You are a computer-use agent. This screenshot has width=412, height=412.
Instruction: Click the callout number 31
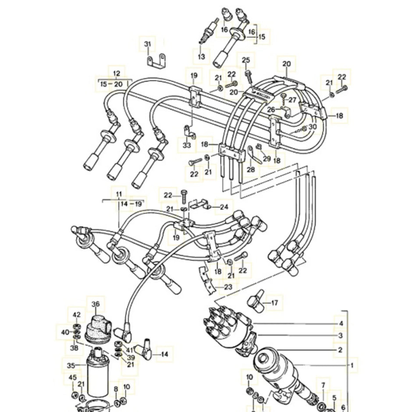coord(148,44)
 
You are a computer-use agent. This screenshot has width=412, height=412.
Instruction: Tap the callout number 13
coord(201,56)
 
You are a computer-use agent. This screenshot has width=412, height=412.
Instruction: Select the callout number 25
coord(246,60)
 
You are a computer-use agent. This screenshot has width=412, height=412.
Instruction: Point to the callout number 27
coord(292,100)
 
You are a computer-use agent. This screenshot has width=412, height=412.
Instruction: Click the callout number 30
coord(313,127)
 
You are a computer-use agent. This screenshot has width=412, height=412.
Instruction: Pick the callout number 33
coord(187,145)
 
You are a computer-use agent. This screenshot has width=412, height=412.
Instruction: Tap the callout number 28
coord(251,170)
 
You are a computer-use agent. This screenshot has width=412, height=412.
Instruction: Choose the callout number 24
coord(224,207)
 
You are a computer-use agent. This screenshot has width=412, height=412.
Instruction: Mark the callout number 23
coord(228,287)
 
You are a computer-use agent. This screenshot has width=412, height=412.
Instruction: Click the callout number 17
coord(274,303)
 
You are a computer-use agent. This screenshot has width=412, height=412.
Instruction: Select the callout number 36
coord(96,304)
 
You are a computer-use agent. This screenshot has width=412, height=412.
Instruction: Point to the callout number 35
coord(71,366)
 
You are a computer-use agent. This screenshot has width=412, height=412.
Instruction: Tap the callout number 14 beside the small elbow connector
coord(164,354)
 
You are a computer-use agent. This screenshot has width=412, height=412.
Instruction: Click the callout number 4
coord(341,323)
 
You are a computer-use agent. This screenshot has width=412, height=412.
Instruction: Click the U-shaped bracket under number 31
coord(156,61)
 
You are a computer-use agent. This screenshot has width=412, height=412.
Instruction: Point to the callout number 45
coord(72,377)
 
